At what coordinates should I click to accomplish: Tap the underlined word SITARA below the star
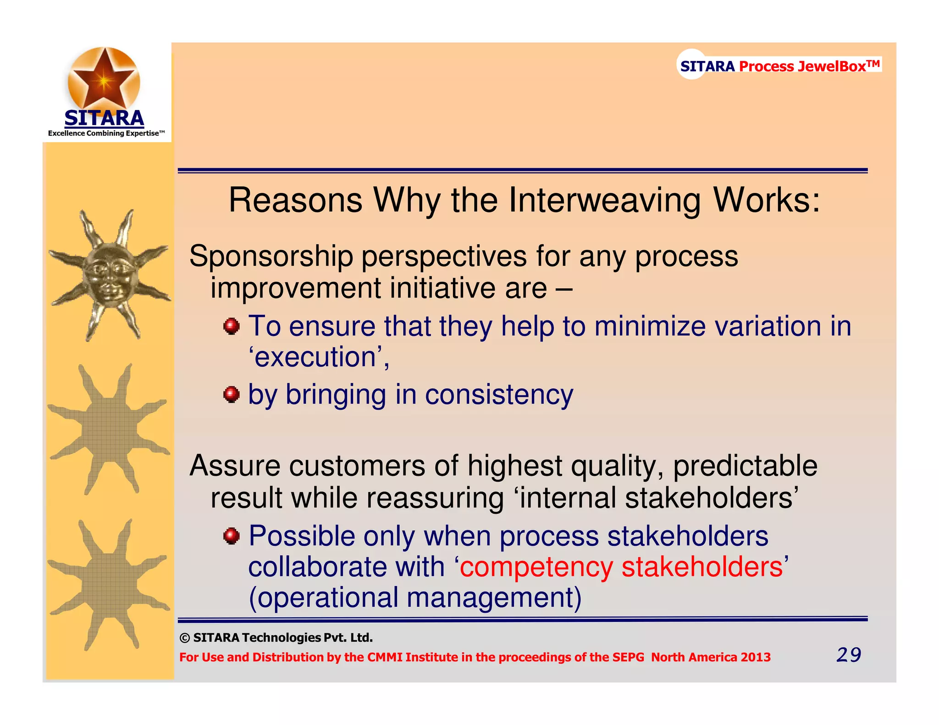click(104, 118)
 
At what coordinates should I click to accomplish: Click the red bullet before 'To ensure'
click(232, 327)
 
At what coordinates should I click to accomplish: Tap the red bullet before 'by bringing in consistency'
click(232, 394)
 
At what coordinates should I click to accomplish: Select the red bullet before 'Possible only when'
click(232, 536)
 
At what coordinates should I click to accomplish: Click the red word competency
click(536, 567)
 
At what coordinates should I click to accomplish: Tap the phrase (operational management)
click(415, 598)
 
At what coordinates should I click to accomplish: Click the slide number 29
click(849, 655)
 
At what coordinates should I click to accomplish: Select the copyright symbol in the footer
click(184, 638)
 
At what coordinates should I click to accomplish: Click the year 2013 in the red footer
click(755, 657)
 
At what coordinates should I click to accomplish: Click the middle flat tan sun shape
click(109, 429)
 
